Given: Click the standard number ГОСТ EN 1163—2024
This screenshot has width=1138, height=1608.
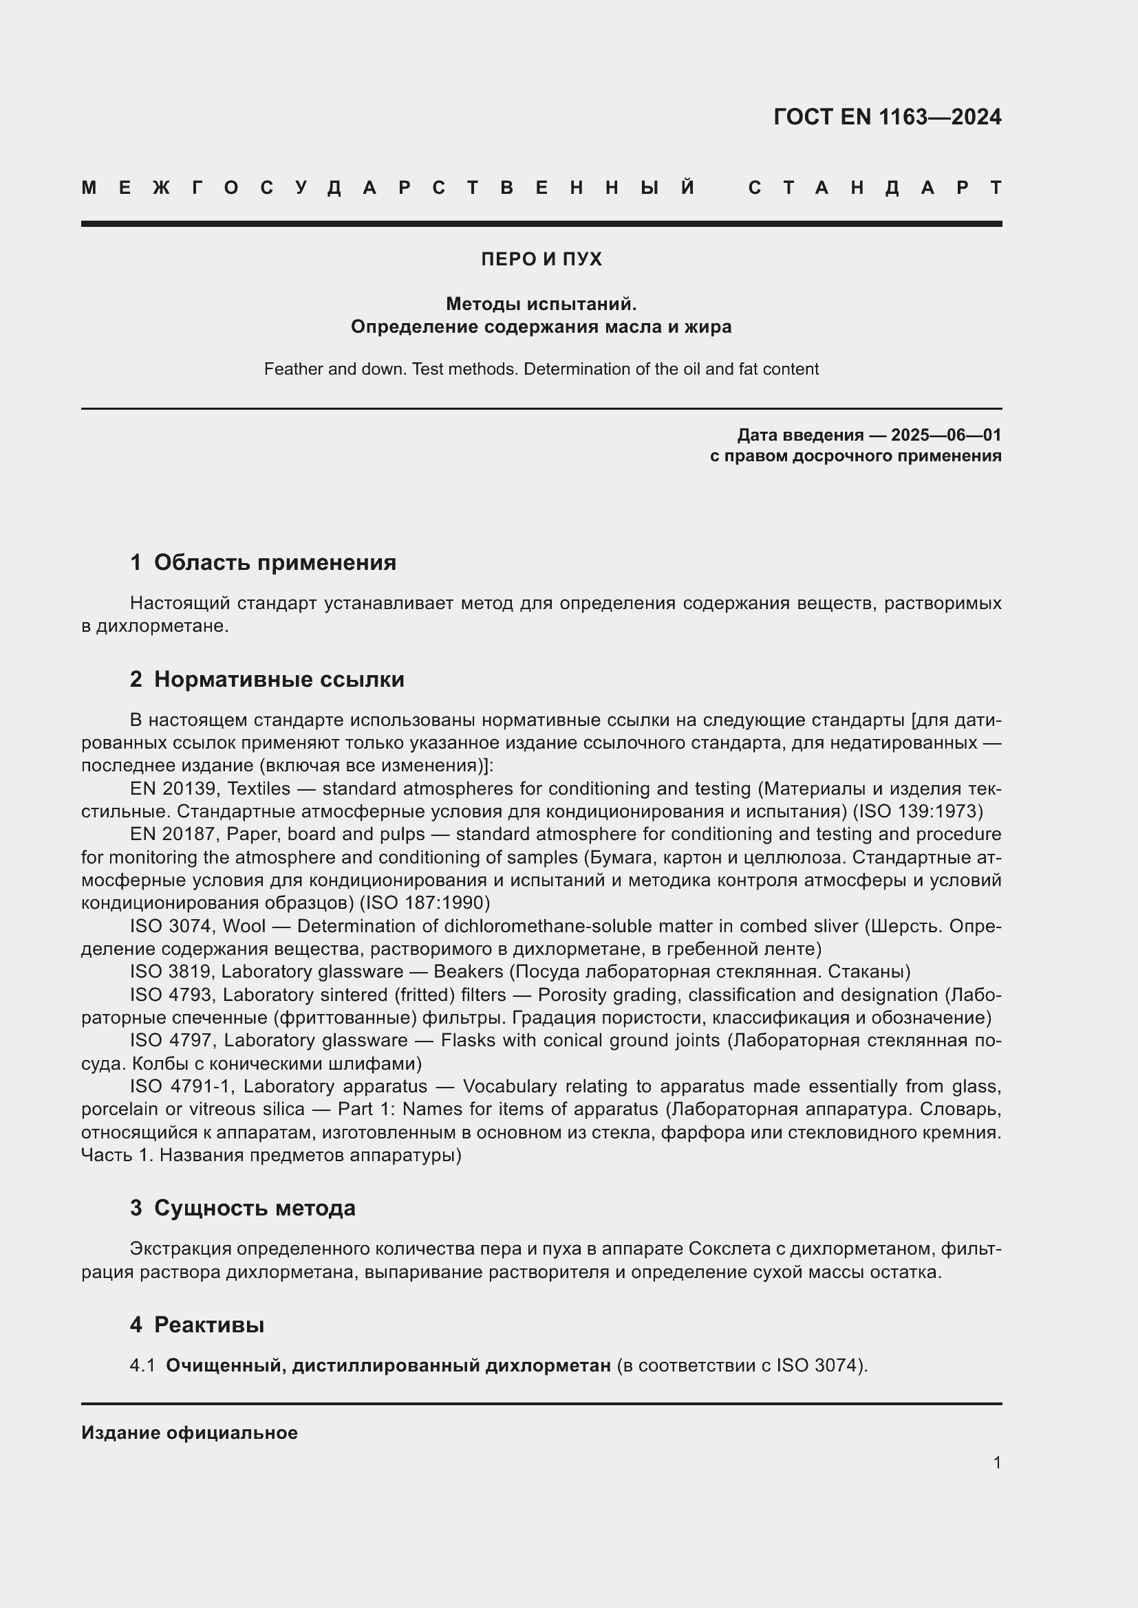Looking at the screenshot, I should click(x=887, y=117).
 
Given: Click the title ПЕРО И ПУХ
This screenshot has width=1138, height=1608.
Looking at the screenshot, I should click(x=541, y=259).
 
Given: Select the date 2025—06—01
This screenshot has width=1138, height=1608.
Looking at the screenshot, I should click(x=946, y=435).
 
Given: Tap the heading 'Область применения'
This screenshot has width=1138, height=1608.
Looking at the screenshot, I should click(x=275, y=562).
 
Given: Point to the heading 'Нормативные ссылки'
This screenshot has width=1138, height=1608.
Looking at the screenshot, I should click(x=279, y=679).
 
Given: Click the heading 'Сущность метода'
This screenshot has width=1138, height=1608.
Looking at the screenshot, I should click(x=255, y=1208).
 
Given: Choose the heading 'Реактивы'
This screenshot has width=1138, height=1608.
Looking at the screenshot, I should click(x=209, y=1325).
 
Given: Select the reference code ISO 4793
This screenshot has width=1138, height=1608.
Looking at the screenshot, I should click(x=171, y=995).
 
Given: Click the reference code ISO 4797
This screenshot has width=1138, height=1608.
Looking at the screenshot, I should click(x=172, y=1040).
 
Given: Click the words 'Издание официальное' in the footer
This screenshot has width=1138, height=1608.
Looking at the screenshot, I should click(x=189, y=1433).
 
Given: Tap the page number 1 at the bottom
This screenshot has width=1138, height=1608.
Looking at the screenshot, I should click(x=996, y=1462).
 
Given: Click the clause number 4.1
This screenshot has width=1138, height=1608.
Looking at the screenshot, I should click(x=142, y=1366).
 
